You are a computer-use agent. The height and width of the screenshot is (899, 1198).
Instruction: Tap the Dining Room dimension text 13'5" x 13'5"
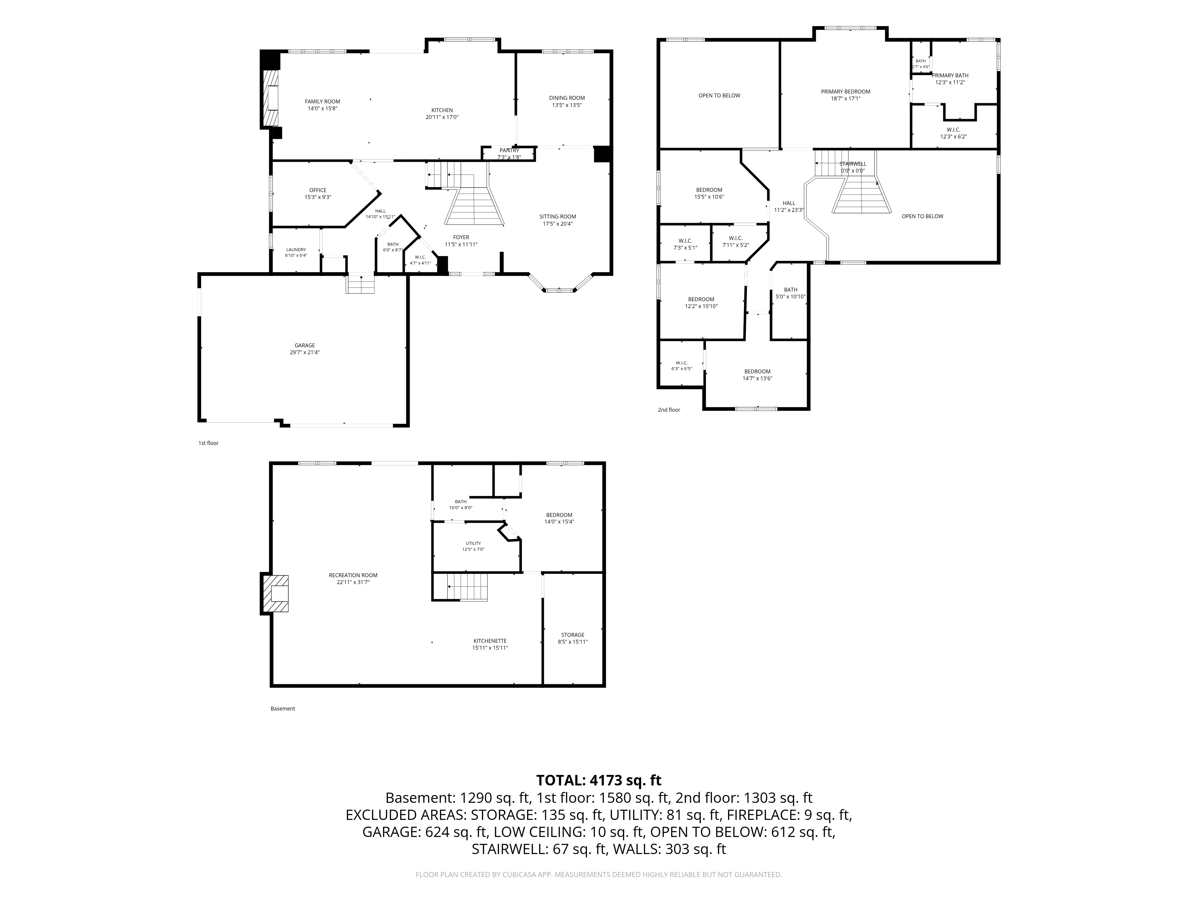pos(567,105)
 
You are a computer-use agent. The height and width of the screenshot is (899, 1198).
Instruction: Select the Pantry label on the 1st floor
pos(509,150)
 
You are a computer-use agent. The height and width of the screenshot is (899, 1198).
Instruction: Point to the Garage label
pos(305,345)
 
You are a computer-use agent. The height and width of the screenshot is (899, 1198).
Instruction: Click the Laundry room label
pos(296,250)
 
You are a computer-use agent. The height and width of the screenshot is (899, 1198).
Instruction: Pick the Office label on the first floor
pos(318,190)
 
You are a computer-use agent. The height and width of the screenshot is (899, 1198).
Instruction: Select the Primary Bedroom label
pos(845,92)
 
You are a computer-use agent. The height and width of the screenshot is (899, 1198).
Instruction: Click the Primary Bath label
pos(950,75)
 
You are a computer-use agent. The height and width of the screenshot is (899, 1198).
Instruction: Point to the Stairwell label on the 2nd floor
pos(853,164)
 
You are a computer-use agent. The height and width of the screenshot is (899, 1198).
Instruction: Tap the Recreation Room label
pos(353,575)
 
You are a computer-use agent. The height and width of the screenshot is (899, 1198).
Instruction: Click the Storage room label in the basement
pos(572,635)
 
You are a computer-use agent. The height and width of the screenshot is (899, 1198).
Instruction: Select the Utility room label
pos(473,543)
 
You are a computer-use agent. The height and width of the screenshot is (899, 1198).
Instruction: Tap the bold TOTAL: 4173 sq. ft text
pos(598,780)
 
